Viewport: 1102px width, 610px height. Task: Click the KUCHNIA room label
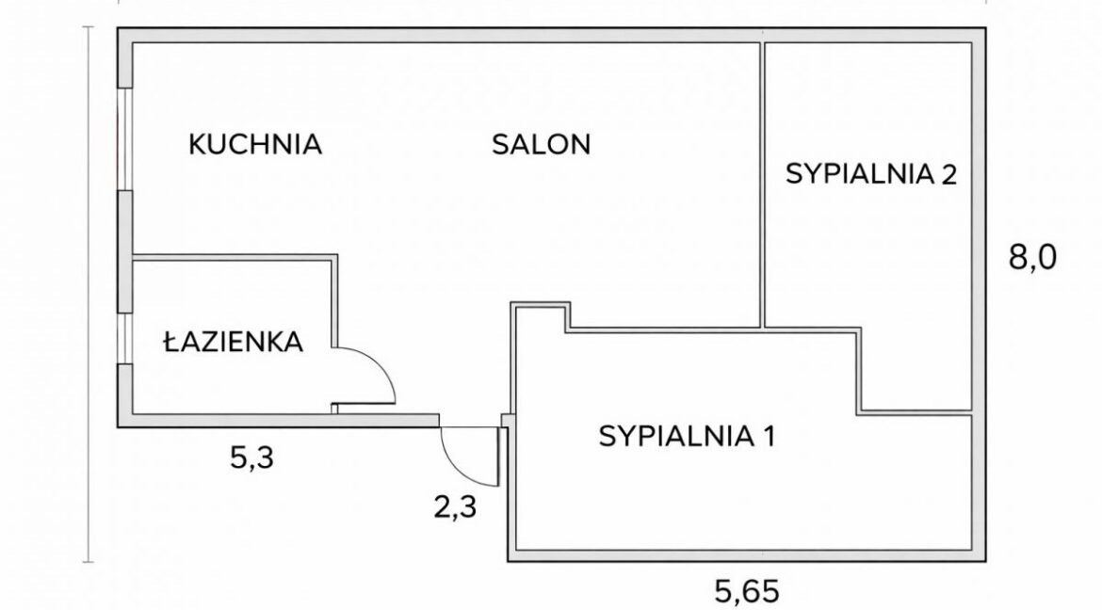[x=255, y=144]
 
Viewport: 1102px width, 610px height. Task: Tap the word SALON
[x=542, y=144]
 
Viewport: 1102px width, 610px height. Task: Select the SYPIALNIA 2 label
[x=871, y=173]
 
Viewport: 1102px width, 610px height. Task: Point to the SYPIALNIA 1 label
[x=687, y=436]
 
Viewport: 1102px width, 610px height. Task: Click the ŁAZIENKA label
[x=233, y=342]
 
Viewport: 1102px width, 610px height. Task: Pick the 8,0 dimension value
[x=1032, y=259]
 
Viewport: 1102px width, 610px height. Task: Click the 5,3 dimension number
[x=251, y=458]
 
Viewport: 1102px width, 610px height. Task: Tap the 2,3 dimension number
[x=455, y=506]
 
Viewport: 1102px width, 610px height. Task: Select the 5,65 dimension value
[x=747, y=592]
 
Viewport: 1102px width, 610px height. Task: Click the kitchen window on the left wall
[x=125, y=139]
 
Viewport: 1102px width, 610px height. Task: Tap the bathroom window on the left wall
[x=125, y=338]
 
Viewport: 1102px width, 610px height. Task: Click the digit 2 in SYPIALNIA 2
[x=948, y=173]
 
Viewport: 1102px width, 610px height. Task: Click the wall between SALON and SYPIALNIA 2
[x=763, y=185]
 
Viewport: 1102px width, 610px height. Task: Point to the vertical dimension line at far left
[x=89, y=295]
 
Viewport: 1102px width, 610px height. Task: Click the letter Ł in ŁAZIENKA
[x=170, y=342]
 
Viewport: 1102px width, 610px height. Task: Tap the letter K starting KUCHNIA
[x=197, y=144]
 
